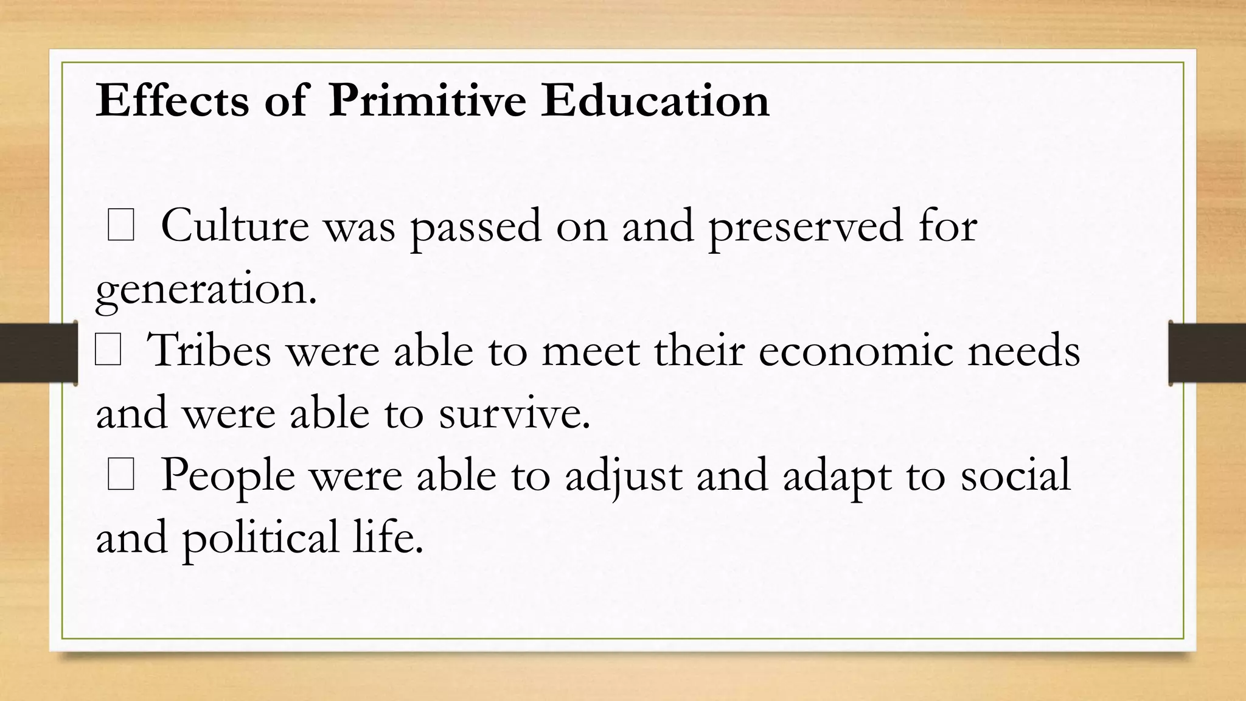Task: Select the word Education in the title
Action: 655,100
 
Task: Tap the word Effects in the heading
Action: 172,100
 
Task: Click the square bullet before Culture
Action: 120,226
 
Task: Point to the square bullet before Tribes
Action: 108,352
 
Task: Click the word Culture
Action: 235,226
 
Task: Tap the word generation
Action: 206,290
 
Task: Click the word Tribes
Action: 209,352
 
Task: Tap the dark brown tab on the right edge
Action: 1207,353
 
